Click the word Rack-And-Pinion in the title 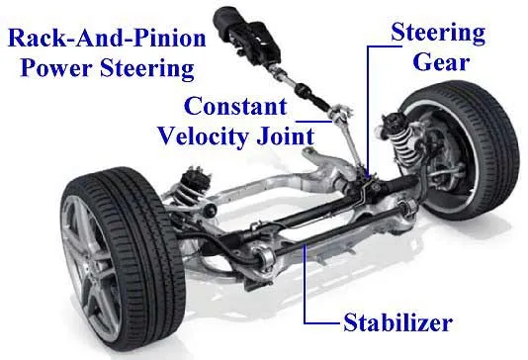(107, 38)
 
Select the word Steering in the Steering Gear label (438, 33)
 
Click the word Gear (441, 62)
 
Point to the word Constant (235, 106)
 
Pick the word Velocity (205, 136)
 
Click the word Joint (286, 135)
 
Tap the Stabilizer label (397, 322)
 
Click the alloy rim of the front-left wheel (88, 266)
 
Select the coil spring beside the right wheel (402, 138)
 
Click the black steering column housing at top (246, 34)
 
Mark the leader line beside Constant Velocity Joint (313, 122)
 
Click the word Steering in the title (147, 68)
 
